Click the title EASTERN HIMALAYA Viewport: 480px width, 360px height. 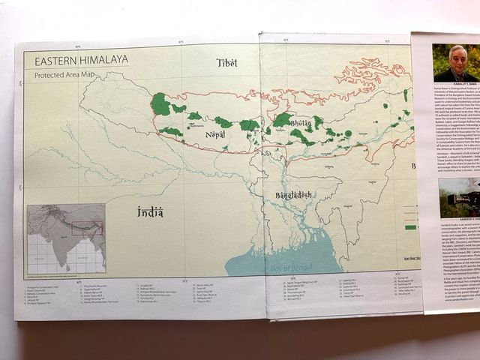tap(76, 59)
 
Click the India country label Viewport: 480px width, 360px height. tap(150, 212)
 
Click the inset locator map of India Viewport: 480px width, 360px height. tap(66, 239)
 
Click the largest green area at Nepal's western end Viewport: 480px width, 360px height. tap(160, 104)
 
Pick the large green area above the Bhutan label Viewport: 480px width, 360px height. tap(282, 119)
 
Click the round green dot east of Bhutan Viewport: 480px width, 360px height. tap(348, 133)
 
